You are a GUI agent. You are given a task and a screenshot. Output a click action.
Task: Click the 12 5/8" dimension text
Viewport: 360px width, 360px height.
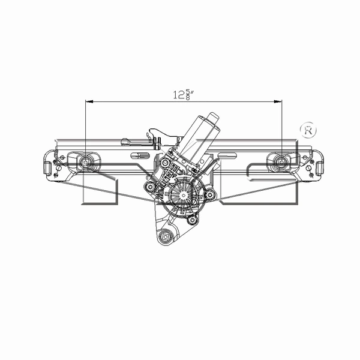(x=184, y=94)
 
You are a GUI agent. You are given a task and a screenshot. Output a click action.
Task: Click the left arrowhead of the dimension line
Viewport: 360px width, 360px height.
(x=88, y=102)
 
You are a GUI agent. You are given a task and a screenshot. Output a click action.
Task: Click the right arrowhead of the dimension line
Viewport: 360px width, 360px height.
(x=279, y=102)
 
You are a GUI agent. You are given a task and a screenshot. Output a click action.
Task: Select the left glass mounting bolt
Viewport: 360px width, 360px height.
(x=86, y=161)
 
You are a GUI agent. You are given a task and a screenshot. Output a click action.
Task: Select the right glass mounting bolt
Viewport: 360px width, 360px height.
(x=280, y=161)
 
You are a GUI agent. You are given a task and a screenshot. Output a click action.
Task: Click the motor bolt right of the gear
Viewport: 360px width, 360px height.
(x=209, y=194)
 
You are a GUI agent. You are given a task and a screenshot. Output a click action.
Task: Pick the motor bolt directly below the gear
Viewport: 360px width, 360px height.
(x=193, y=220)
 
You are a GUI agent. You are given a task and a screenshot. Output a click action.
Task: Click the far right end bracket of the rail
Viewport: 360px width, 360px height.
(x=317, y=163)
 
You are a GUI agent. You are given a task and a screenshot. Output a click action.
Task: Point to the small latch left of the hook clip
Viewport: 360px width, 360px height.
(x=127, y=142)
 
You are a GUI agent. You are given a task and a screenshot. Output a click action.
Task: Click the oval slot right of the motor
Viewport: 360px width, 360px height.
(x=227, y=157)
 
